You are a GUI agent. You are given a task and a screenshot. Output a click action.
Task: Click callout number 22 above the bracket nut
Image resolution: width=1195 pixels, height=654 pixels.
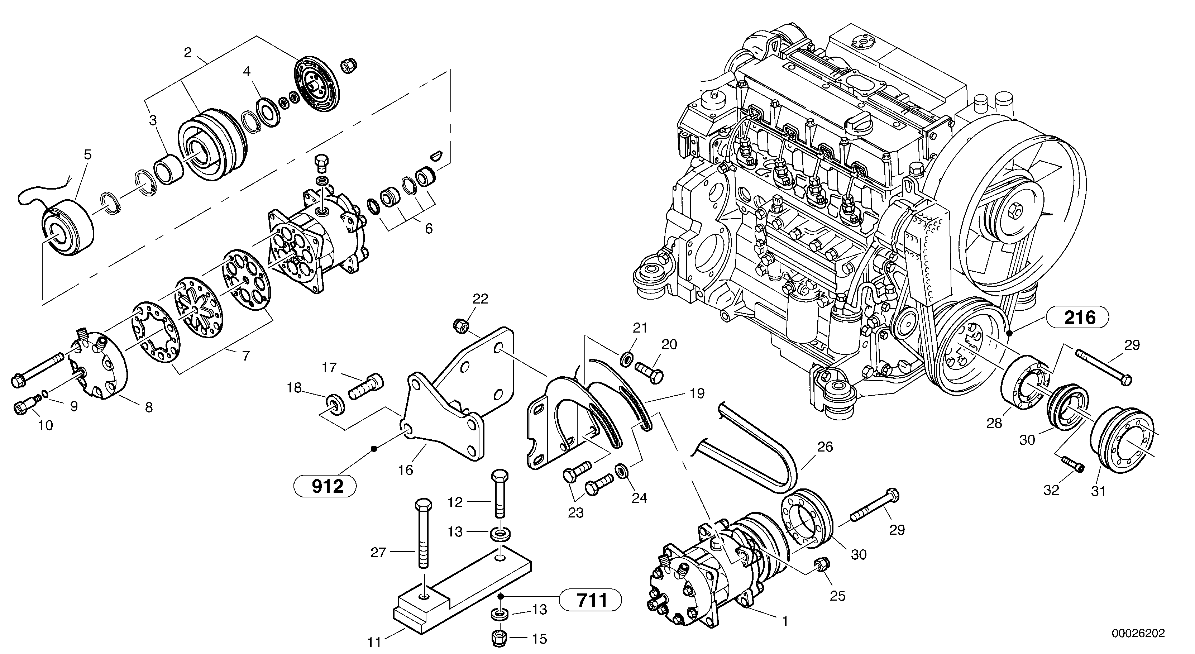coord(481,299)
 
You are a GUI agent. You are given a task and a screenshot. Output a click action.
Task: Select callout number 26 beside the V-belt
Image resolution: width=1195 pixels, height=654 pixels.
coord(825,447)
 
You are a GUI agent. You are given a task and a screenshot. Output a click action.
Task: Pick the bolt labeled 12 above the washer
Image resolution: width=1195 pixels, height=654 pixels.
coord(499,494)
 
